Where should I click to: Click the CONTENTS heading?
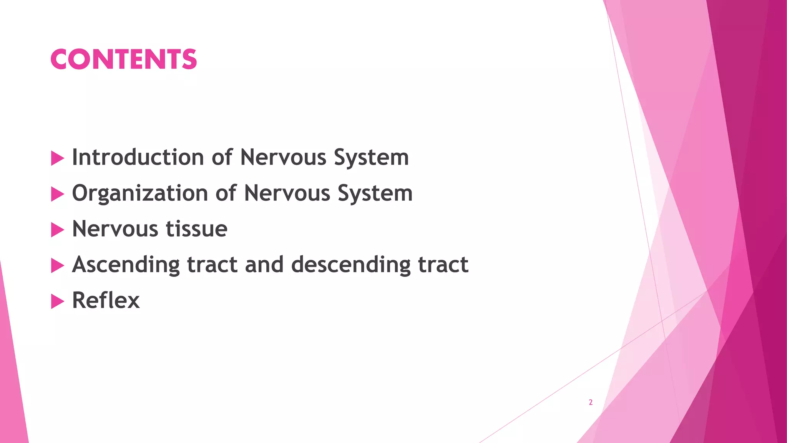coord(123,59)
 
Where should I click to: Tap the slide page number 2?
coord(591,402)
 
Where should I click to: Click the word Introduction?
coord(138,157)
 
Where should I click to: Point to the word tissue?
coord(196,229)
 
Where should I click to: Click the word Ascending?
coord(126,265)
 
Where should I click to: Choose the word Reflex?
coord(106,300)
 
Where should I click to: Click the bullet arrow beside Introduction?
coord(57,158)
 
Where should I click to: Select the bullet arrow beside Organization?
coord(57,194)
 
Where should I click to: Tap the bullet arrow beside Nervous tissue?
coord(57,230)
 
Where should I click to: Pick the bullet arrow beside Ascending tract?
coord(57,266)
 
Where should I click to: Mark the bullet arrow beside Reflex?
coord(57,301)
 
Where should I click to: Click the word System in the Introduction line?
coord(371,158)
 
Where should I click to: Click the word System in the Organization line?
coord(375,193)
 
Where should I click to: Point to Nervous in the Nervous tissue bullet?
coord(115,229)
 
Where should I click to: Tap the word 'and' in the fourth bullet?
coord(264,265)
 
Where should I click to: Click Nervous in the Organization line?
coord(287,193)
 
